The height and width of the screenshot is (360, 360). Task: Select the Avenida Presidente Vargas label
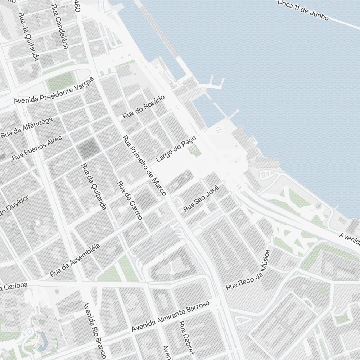(54, 90)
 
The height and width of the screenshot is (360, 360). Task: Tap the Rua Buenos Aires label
(37, 148)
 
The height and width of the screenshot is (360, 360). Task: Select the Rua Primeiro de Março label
(144, 166)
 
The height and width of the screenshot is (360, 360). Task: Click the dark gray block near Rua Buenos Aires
(87, 148)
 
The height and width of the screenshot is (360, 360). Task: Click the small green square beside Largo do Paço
(195, 150)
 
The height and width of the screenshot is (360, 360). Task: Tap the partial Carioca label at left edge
(14, 286)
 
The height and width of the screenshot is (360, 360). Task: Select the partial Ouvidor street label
(14, 206)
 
